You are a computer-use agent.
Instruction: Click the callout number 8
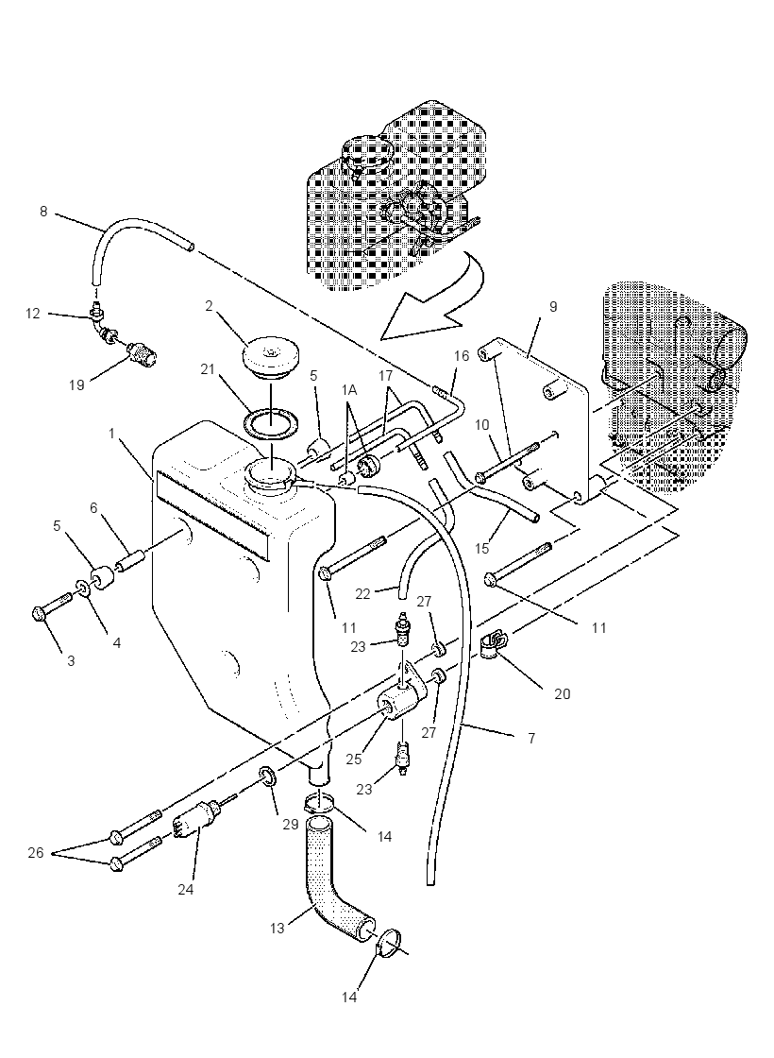point(43,212)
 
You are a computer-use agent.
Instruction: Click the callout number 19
point(76,384)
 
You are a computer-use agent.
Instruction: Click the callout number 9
point(553,306)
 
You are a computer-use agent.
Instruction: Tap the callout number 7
point(531,738)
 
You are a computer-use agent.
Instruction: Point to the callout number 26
point(36,853)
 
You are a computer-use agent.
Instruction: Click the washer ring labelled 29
point(267,777)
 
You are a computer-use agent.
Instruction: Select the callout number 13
point(278,929)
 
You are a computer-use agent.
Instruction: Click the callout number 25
point(353,759)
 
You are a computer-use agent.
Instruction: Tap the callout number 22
point(362,593)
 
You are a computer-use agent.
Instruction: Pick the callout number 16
point(462,355)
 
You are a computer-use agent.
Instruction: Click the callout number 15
point(481,548)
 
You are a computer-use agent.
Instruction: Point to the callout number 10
point(482,425)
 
